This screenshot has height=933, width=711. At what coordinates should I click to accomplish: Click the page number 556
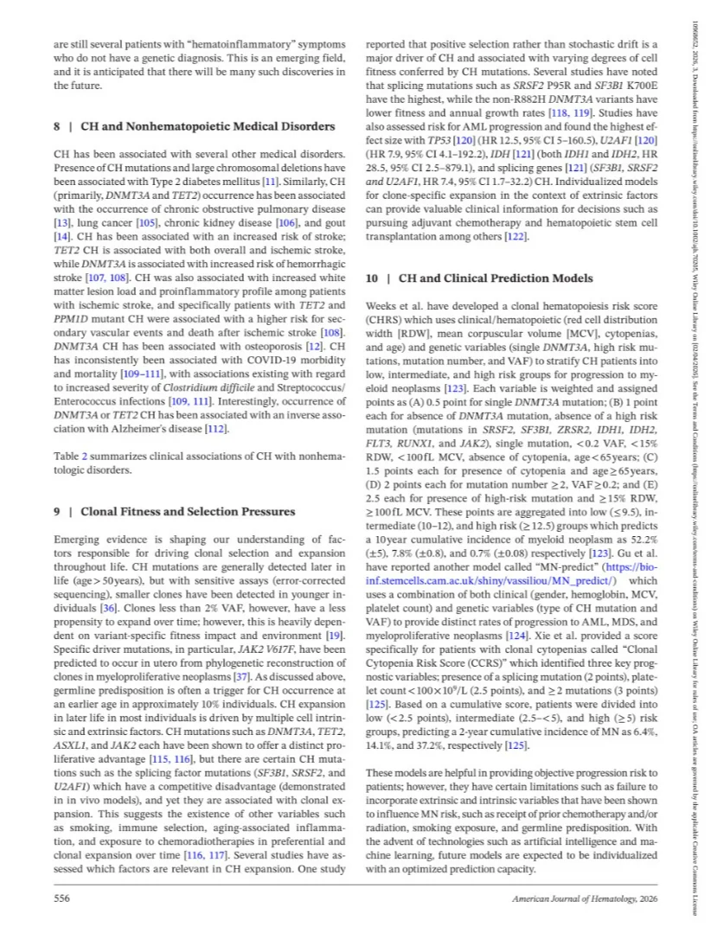(x=62, y=899)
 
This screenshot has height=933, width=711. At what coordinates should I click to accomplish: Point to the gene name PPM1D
(x=70, y=321)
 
